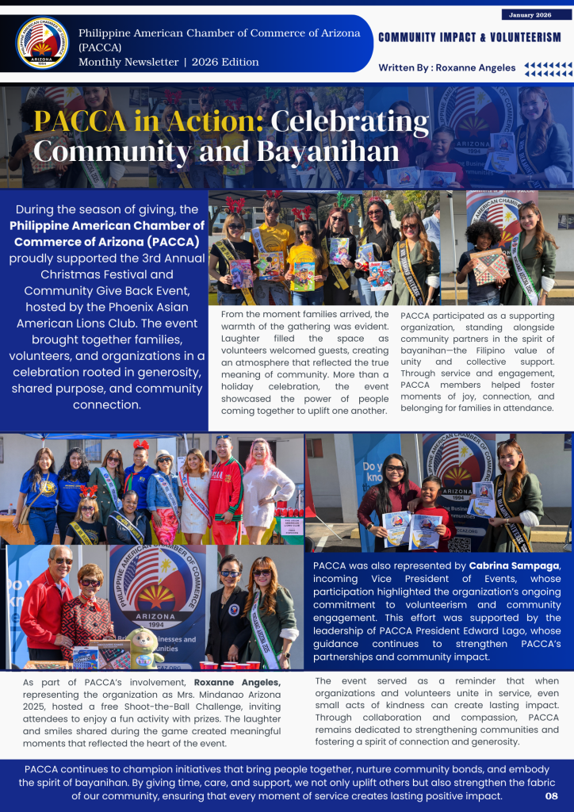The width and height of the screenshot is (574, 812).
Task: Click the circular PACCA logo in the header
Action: pyautogui.click(x=42, y=42)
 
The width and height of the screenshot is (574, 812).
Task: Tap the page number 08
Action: pyautogui.click(x=552, y=795)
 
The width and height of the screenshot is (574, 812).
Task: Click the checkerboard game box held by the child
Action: pyautogui.click(x=489, y=267)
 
